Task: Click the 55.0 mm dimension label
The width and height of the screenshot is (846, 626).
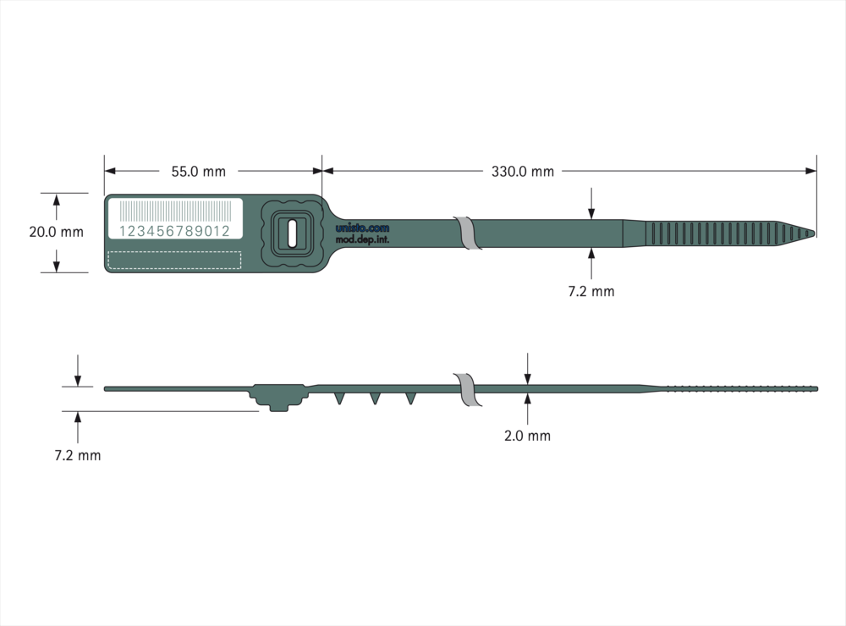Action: coord(199,172)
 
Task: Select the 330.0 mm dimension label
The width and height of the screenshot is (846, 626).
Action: coord(522,172)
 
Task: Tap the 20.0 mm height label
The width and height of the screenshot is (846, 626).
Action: coord(56,232)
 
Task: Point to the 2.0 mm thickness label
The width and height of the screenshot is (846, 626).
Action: coord(527,436)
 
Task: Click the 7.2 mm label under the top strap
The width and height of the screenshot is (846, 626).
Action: coord(591,291)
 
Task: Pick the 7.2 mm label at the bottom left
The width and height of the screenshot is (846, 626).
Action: coord(78,455)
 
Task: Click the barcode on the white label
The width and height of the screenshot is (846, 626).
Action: coord(175,211)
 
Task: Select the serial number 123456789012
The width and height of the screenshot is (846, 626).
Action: coord(174,231)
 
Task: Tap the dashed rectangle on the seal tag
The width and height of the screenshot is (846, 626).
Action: coord(174,260)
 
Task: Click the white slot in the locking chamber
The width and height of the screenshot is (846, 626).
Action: coord(292,233)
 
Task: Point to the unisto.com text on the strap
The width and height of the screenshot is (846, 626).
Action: coord(362,228)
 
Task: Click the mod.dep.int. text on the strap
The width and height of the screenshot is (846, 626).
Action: coord(362,239)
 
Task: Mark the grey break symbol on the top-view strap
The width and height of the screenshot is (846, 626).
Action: coord(468,233)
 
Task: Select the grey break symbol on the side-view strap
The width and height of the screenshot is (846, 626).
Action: coord(468,389)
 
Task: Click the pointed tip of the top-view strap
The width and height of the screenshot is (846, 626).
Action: coord(815,233)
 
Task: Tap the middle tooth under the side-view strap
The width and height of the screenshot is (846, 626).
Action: coord(375,398)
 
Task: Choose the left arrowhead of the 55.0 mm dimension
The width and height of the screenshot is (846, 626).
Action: coord(109,171)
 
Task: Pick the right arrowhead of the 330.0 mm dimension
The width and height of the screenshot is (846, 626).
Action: coord(810,171)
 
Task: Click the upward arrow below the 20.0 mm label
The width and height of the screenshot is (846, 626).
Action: coord(56,261)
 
